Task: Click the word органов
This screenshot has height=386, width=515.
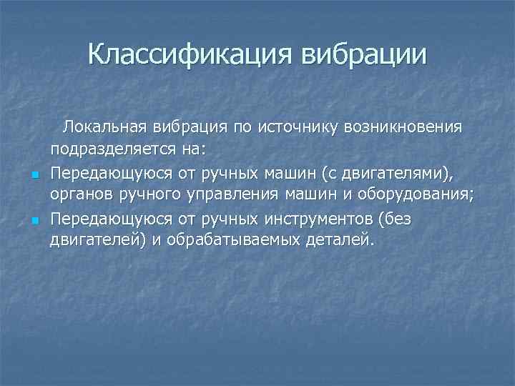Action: (80, 194)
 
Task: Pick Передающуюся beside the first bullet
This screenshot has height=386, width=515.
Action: (101, 173)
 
